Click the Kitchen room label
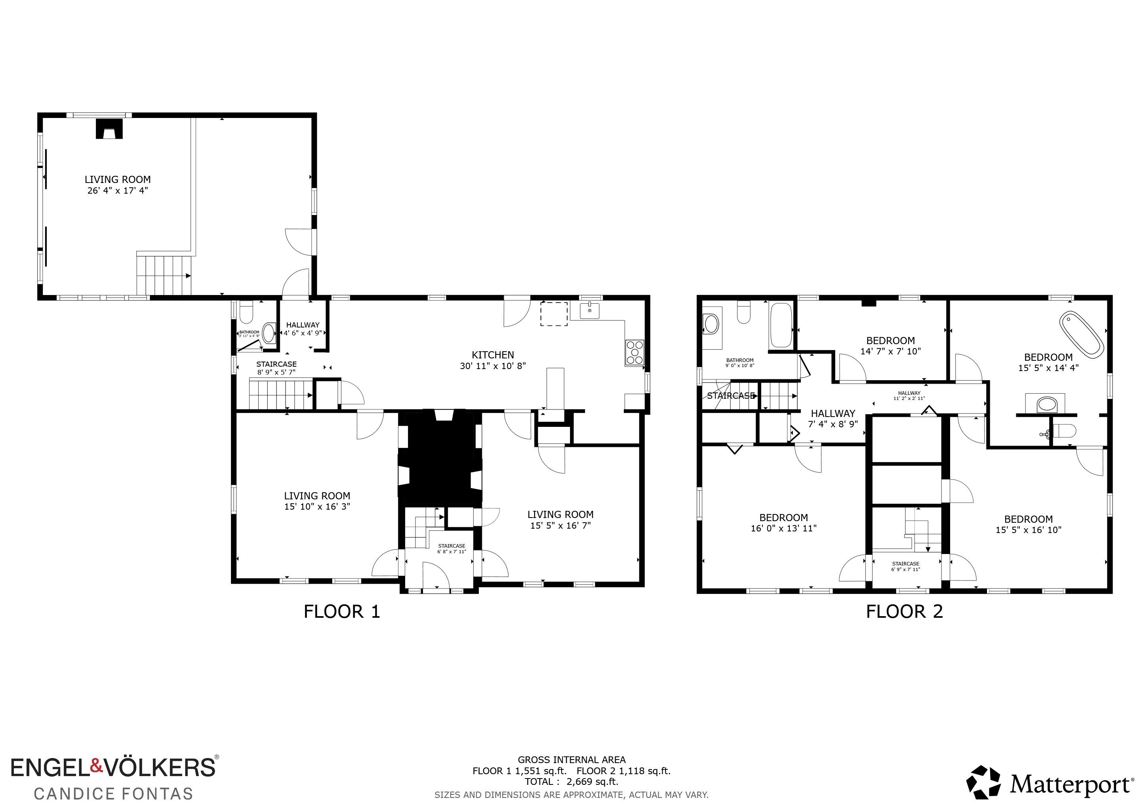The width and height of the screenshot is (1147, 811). (493, 355)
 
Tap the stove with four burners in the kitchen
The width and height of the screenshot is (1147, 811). (635, 352)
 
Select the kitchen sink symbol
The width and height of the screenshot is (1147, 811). (590, 310)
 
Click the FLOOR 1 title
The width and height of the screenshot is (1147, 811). (342, 612)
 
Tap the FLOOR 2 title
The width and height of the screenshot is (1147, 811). (904, 612)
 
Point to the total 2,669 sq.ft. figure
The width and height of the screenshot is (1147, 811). (592, 782)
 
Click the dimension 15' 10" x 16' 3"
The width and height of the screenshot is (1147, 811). (317, 506)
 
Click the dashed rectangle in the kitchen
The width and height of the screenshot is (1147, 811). (554, 314)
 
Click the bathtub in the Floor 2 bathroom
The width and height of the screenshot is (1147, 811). (781, 326)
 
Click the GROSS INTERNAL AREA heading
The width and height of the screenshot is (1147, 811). (572, 760)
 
